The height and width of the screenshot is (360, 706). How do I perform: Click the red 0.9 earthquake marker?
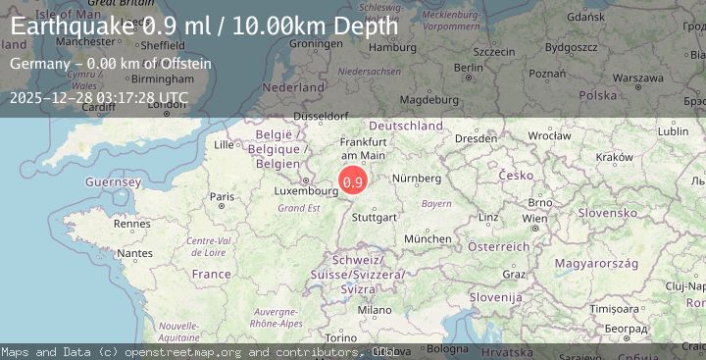click(353, 180)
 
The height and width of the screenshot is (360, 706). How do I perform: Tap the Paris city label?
click(222, 197)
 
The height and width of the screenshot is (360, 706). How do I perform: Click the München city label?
click(428, 238)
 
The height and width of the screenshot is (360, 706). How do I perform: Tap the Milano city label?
click(374, 309)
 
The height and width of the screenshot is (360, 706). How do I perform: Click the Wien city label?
click(534, 218)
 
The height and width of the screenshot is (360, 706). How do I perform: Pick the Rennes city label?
click(130, 224)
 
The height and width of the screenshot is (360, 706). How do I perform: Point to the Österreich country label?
click(499, 246)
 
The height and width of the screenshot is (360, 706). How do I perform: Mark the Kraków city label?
click(615, 157)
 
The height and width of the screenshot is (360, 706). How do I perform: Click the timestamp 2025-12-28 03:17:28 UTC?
click(97, 97)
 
